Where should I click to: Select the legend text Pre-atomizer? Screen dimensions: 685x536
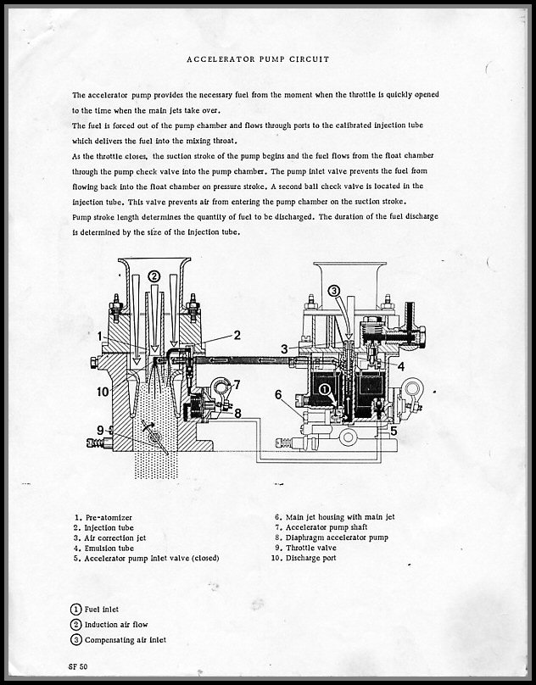111,516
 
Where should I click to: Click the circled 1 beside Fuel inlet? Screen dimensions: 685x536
77,608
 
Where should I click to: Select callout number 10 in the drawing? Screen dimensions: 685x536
102,392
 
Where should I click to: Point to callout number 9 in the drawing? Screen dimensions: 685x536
99,430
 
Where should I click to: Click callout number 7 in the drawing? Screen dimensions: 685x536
237,384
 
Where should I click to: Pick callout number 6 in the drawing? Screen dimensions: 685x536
278,394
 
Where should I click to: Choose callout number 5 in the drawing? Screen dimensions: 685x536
394,430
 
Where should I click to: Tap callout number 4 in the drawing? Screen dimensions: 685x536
400,365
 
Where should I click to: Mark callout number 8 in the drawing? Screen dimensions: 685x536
238,413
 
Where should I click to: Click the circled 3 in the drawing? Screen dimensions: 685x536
334,291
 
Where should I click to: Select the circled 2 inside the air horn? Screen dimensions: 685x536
154,276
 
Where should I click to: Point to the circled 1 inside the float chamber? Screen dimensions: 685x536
324,389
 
